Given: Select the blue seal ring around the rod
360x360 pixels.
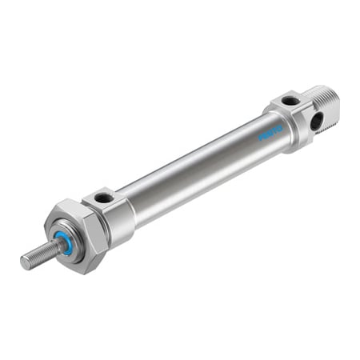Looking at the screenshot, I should [x=65, y=244].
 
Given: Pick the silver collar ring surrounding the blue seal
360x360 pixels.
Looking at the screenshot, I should [x=70, y=240].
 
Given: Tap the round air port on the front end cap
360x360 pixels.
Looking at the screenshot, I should [x=102, y=198].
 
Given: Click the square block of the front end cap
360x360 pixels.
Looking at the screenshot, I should [x=112, y=211].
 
